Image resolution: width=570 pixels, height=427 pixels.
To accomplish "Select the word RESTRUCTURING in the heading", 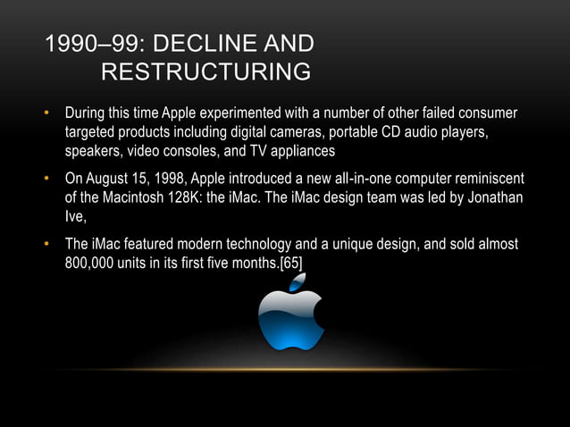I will point(206,71).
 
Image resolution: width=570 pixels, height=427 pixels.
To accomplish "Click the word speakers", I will point(93,150).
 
